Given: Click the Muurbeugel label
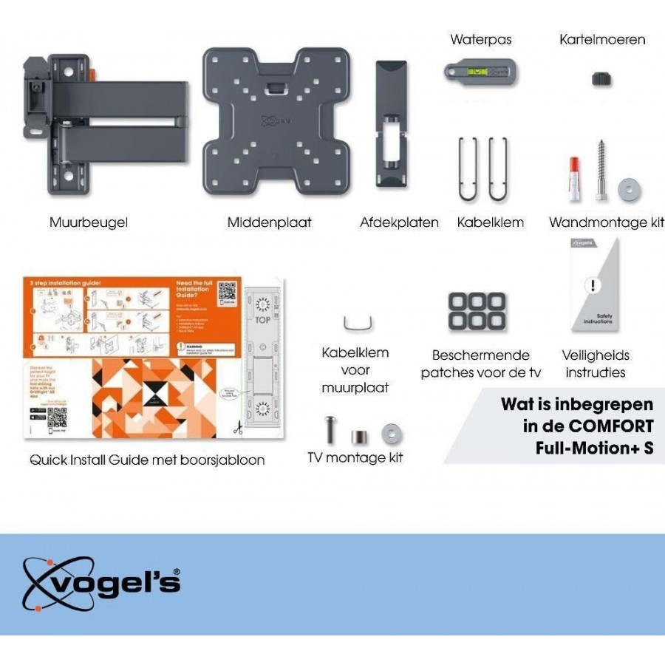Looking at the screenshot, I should tap(88, 222).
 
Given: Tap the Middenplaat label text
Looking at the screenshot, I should tap(269, 222).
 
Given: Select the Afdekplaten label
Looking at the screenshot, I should tap(399, 222).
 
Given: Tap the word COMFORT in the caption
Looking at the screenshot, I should tap(610, 426).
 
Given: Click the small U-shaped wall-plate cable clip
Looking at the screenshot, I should tap(358, 324).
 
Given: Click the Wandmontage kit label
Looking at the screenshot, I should tap(606, 222).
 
